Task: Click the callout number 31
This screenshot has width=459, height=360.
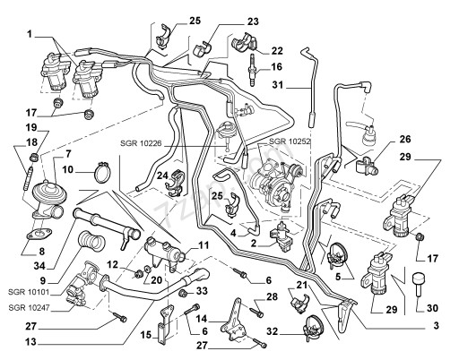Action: [278, 85]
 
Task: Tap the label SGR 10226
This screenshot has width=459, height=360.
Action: [141, 143]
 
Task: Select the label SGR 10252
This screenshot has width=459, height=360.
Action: [290, 141]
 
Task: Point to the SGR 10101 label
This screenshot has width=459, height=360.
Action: [29, 292]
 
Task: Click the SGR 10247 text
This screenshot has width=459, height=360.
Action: [29, 307]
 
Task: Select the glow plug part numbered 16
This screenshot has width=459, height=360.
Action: [253, 70]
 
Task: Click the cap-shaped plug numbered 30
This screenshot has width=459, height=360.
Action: [419, 283]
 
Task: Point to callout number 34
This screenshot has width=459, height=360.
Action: [39, 265]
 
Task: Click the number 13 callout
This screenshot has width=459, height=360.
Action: [31, 342]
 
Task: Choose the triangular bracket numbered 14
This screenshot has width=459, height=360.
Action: [235, 320]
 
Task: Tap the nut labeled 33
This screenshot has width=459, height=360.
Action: [183, 294]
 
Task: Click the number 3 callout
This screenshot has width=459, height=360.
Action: [436, 325]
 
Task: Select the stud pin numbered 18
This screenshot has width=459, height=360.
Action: [26, 179]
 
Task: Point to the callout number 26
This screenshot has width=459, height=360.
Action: [405, 139]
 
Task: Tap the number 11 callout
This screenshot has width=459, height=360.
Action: [204, 245]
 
